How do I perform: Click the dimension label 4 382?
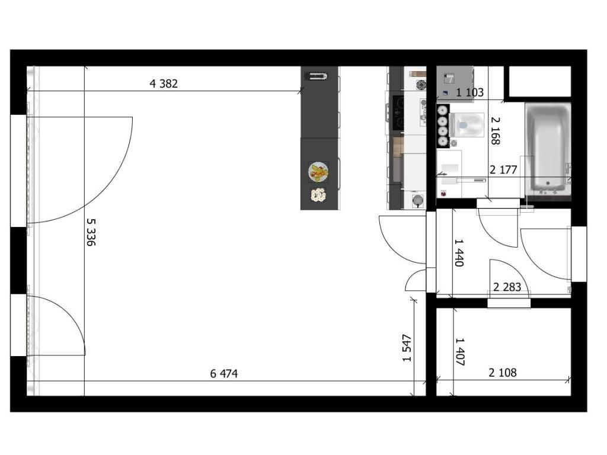(x=164, y=84)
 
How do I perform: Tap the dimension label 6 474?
(x=223, y=374)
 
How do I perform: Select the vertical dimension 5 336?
(x=91, y=232)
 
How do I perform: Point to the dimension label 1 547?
(x=407, y=348)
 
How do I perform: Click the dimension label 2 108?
(x=503, y=373)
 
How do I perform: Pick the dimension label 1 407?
(x=459, y=352)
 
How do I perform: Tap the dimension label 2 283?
(x=507, y=287)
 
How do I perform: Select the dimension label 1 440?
(x=459, y=252)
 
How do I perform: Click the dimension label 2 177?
(x=503, y=170)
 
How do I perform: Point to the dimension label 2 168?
(x=496, y=131)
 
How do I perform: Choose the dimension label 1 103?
(x=469, y=92)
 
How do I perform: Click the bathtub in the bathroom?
(x=548, y=149)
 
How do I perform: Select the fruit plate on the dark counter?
(x=318, y=172)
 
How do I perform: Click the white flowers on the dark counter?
(x=318, y=194)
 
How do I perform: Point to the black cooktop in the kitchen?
(x=398, y=113)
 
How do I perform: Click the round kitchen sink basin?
(x=417, y=200)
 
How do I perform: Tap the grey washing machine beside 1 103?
(x=455, y=84)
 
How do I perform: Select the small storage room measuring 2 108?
(x=504, y=352)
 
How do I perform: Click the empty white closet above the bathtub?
(x=540, y=81)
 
